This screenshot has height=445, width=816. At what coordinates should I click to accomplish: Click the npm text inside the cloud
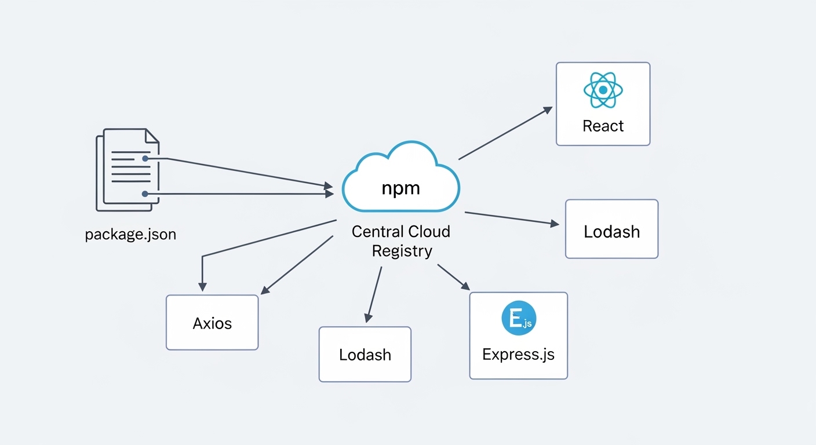(400, 188)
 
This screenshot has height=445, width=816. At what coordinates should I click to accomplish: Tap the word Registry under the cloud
(402, 251)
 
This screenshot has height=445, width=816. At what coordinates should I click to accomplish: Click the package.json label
(130, 235)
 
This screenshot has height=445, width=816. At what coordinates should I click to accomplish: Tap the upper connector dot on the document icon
(145, 158)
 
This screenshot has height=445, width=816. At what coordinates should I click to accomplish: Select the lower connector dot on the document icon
(145, 194)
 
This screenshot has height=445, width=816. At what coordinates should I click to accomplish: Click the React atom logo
(603, 90)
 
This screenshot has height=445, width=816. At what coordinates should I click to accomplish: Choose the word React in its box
(603, 126)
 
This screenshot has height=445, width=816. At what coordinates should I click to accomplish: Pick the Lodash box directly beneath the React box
(611, 229)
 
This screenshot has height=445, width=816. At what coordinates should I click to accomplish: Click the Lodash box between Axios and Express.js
(365, 354)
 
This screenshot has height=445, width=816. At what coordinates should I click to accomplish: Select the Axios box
(212, 322)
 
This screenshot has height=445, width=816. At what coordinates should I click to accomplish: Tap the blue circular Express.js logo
(519, 318)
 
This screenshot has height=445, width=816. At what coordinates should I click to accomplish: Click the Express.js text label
(518, 354)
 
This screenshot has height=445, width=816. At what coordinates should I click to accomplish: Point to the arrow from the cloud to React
(504, 133)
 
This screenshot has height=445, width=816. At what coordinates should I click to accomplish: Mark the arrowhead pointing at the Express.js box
(465, 286)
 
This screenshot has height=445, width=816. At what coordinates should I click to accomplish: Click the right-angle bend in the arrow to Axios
(202, 256)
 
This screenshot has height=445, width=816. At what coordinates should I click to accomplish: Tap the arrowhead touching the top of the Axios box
(202, 287)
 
